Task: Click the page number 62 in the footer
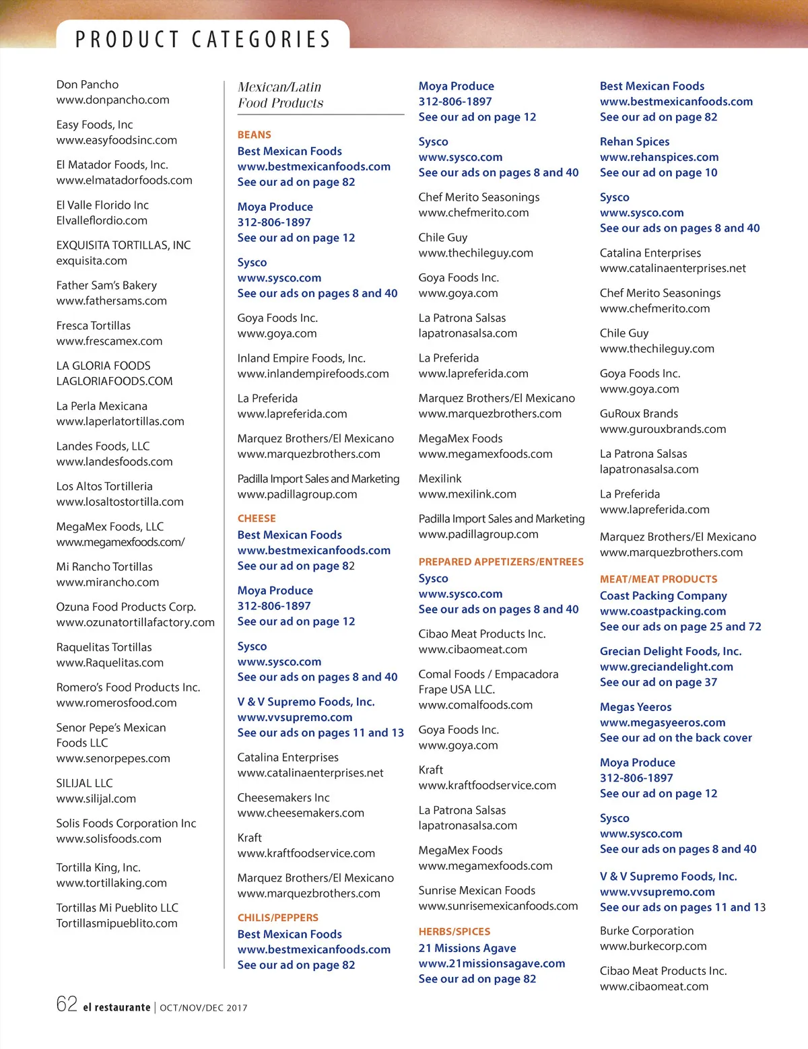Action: coord(67,1005)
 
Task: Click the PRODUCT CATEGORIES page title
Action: coord(203,39)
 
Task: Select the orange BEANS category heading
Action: coord(254,135)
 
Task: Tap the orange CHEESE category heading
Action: coord(257,518)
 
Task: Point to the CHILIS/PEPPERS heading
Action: coord(277,918)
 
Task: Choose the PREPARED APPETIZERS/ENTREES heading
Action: coord(501,562)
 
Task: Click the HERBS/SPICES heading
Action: coord(454,932)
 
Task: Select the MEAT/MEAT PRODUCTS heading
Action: coord(659,579)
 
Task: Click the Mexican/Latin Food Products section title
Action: coord(280,95)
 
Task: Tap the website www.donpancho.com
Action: coord(112,100)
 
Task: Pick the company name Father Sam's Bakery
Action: coord(106,285)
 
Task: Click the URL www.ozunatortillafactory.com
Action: coord(135,622)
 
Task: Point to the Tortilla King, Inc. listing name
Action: coord(98,867)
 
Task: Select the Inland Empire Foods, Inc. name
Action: coord(301,358)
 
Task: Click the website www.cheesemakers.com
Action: coord(300,813)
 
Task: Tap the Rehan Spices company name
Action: coord(634,141)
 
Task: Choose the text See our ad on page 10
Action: coord(659,172)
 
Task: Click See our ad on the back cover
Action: coord(675,737)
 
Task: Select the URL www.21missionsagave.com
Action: coord(492,963)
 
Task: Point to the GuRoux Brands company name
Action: coord(638,413)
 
